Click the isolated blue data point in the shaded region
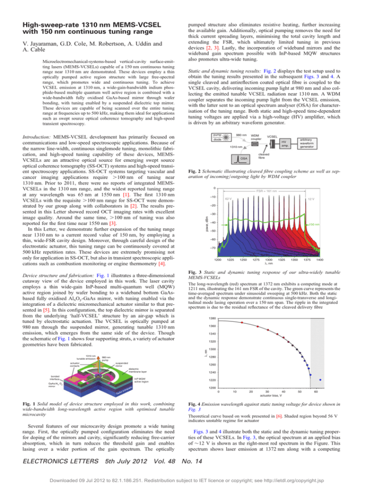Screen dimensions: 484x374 pos(320,406)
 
